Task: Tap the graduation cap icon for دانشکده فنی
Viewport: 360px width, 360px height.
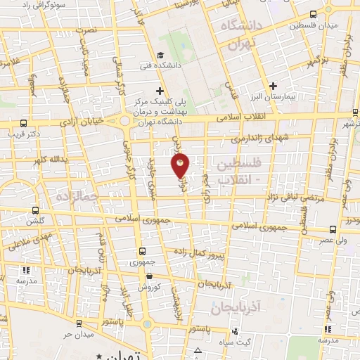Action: [x=160, y=56]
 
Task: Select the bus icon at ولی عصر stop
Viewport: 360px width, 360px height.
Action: [x=333, y=229]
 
